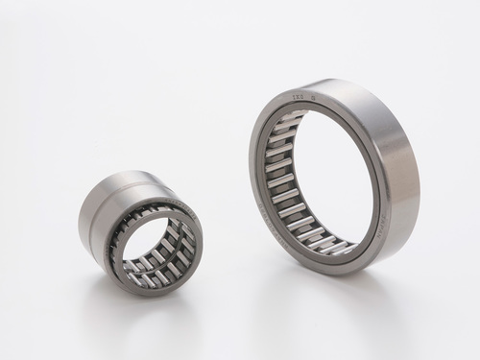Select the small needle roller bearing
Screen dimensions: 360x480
click(139, 230)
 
